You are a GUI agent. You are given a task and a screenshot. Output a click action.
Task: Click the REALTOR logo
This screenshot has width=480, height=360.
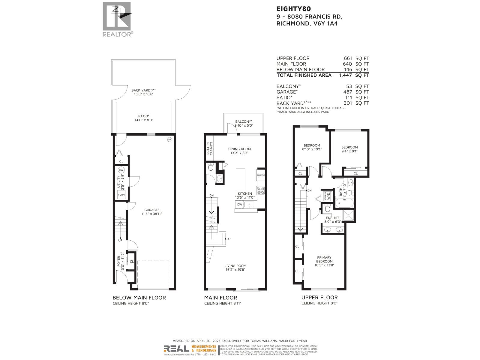(117, 19)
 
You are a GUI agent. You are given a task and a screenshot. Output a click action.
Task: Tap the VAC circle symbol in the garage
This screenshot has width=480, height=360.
(169, 139)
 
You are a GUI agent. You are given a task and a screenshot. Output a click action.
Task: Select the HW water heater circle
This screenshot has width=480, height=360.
(121, 170)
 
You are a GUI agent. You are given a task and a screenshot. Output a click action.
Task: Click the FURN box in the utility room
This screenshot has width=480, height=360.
(121, 195)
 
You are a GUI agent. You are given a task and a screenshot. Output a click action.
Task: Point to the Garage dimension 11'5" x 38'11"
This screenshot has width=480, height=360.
(151, 214)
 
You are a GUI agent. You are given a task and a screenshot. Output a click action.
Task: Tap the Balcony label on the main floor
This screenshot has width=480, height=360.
(243, 121)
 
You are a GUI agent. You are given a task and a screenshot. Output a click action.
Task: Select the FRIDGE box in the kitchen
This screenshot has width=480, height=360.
(261, 175)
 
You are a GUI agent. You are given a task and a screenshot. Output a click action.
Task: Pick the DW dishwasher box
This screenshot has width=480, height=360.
(240, 205)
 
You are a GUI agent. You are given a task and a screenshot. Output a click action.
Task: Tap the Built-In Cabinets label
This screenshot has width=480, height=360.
(209, 148)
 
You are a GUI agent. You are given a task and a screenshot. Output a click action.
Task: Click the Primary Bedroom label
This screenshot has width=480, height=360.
(324, 259)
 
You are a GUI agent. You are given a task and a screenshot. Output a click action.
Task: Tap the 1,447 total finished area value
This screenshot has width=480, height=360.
(345, 75)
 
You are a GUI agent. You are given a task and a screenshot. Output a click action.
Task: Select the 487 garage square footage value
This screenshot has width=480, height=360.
(348, 92)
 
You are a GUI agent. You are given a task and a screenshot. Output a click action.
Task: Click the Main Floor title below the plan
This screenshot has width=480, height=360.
(220, 298)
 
